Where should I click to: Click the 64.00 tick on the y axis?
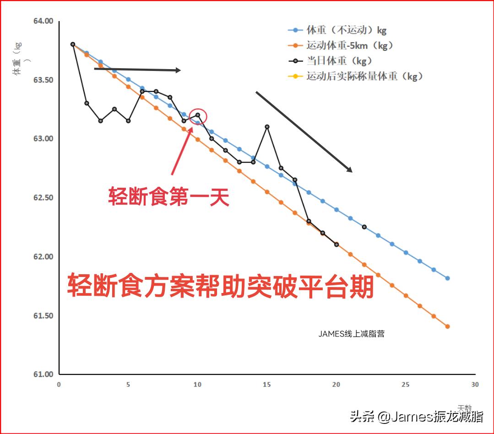(x=43, y=21)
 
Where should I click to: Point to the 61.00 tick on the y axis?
(x=43, y=374)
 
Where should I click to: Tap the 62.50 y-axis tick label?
(x=43, y=198)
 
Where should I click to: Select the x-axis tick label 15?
(x=266, y=385)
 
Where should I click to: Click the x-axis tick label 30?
(x=475, y=385)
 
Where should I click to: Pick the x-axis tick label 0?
(x=59, y=385)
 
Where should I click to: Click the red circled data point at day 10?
(x=198, y=115)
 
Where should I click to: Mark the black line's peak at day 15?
(x=267, y=127)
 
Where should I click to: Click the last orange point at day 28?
(x=447, y=326)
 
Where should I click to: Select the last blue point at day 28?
(x=447, y=278)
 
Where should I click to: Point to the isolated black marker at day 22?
(x=364, y=227)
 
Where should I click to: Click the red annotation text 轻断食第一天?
(x=168, y=197)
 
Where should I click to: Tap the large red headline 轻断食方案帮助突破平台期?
(x=221, y=287)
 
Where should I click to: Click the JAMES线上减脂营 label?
(x=351, y=334)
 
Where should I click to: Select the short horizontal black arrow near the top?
(x=137, y=70)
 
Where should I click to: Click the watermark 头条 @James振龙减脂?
(x=417, y=417)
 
